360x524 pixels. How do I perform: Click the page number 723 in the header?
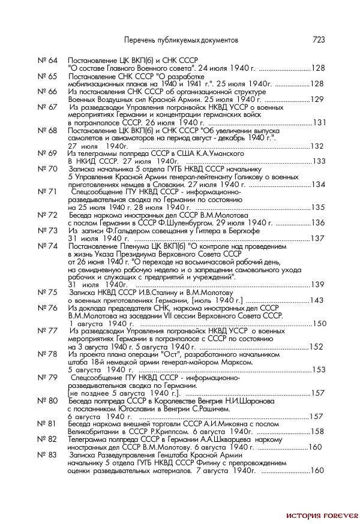(x=319, y=40)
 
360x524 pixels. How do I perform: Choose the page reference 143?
(x=316, y=300)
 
